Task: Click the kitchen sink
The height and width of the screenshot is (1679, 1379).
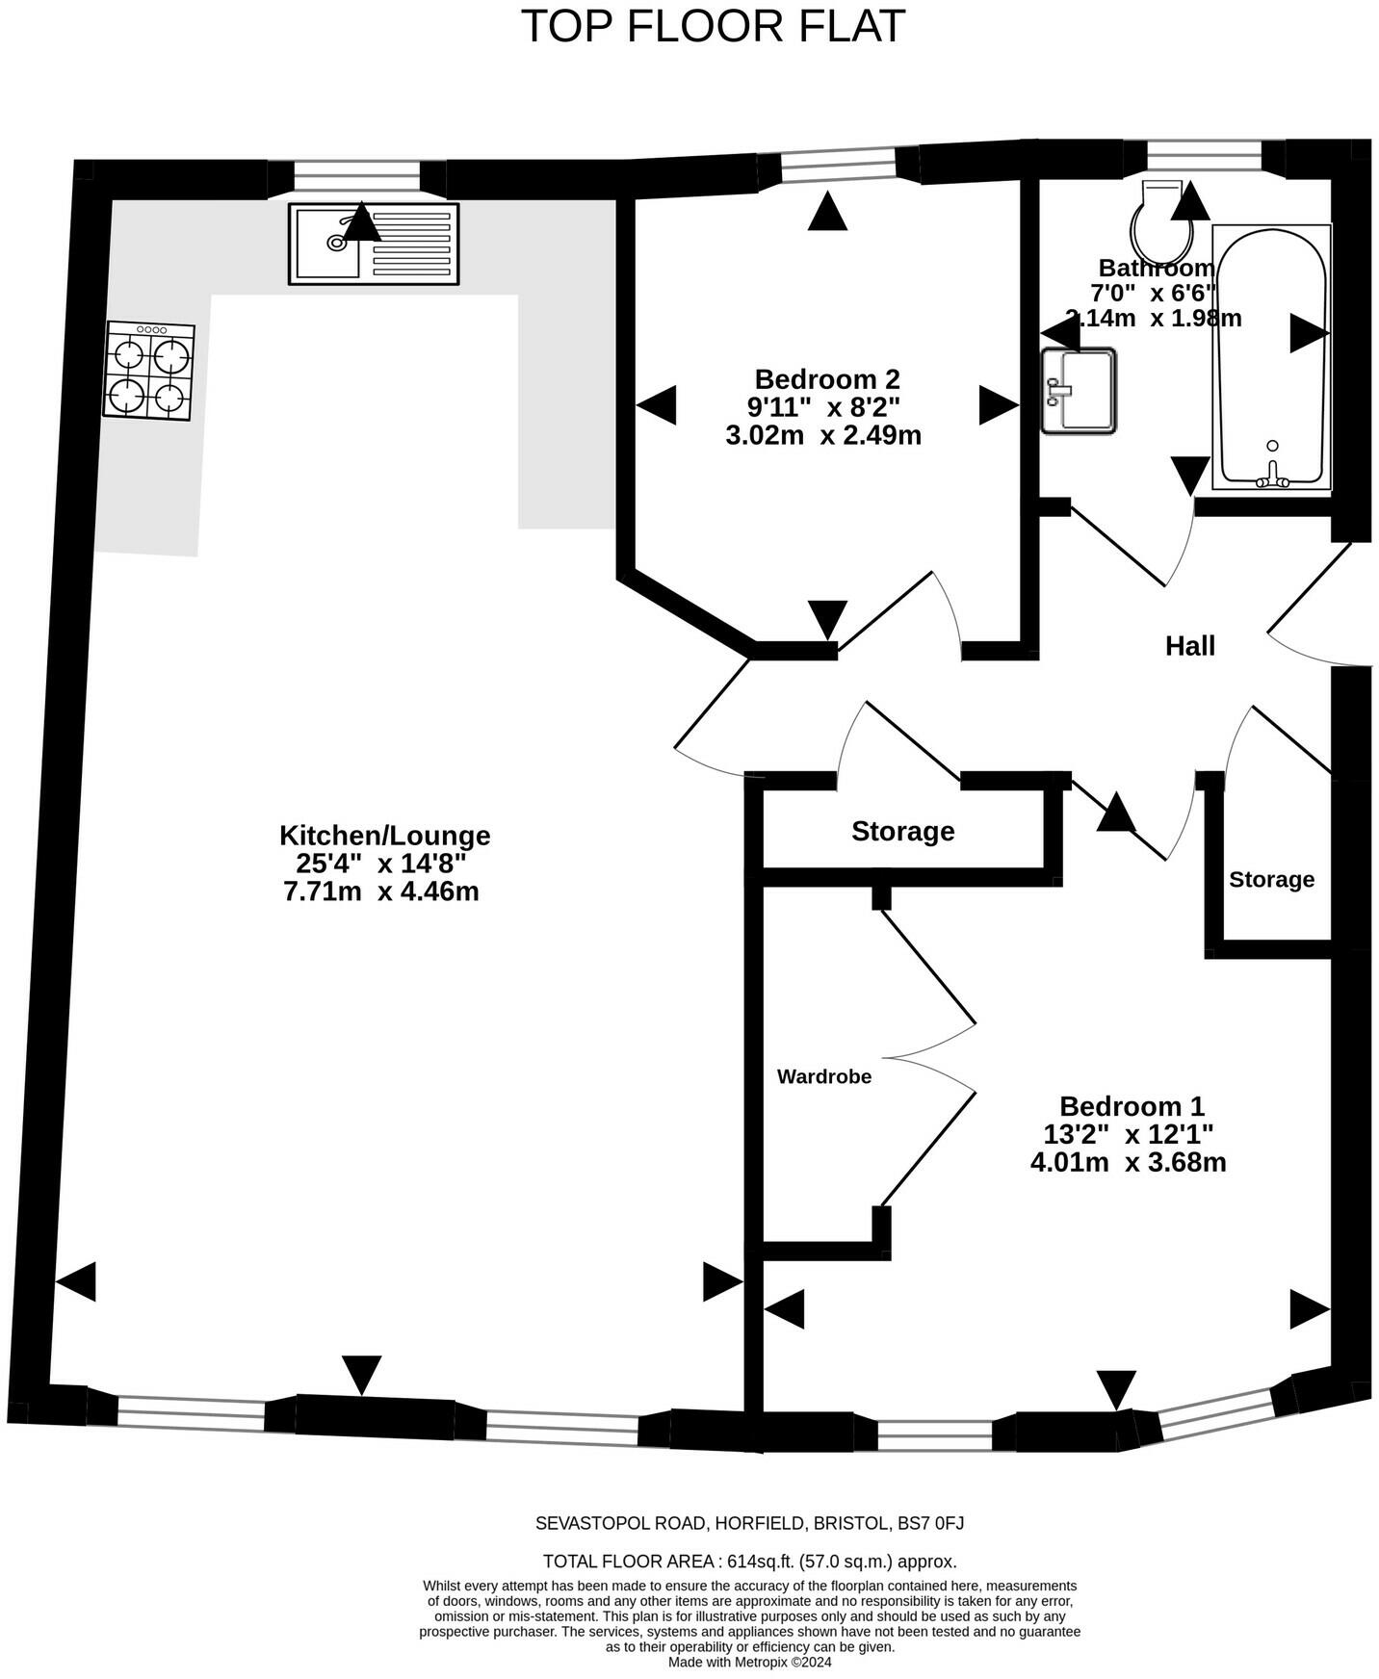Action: (x=374, y=244)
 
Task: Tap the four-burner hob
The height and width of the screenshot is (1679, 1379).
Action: (x=149, y=371)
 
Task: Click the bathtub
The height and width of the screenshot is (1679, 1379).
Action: (x=1271, y=356)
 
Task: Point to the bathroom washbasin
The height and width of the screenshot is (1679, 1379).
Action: (x=1080, y=390)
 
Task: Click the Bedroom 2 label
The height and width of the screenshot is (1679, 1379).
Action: (x=826, y=378)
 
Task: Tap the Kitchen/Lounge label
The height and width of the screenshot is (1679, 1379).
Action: (x=384, y=835)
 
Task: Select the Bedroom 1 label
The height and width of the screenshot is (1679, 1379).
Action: (x=1132, y=1106)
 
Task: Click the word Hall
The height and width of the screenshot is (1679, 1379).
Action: (x=1190, y=646)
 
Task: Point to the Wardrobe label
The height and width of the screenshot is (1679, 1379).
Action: (x=824, y=1076)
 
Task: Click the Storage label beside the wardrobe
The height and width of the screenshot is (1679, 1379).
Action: (x=902, y=831)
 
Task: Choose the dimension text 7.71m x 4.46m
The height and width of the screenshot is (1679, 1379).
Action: (x=381, y=891)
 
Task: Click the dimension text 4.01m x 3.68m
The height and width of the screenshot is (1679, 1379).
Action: (x=1128, y=1162)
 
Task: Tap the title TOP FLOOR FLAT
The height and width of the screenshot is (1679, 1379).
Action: (x=713, y=26)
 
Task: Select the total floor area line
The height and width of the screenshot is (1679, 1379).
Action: (x=749, y=1562)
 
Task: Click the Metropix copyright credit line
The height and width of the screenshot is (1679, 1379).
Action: (x=749, y=1662)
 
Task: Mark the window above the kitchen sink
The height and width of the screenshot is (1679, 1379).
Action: (x=356, y=177)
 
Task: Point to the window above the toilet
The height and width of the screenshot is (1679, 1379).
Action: (x=1204, y=155)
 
